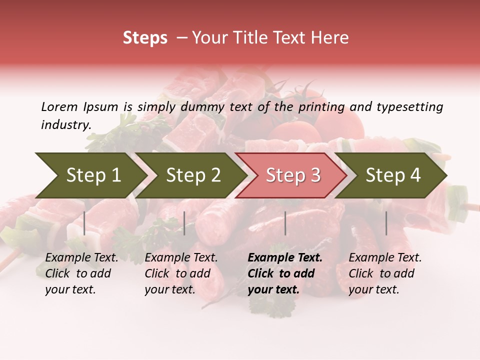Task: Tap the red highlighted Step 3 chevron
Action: pos(293,175)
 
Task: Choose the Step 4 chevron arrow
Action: pos(393,175)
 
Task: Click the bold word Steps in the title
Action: pos(145,38)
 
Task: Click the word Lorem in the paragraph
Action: pos(59,106)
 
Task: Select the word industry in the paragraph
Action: pos(65,125)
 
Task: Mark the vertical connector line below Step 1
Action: pos(84,223)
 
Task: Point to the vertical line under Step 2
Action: pos(184,223)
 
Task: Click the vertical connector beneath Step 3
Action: pos(285,223)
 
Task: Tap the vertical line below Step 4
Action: pos(386,223)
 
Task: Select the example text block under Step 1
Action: pos(81,273)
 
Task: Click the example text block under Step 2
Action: pos(180,273)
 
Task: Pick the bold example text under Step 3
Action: pos(284,273)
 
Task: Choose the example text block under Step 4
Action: pos(384,273)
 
